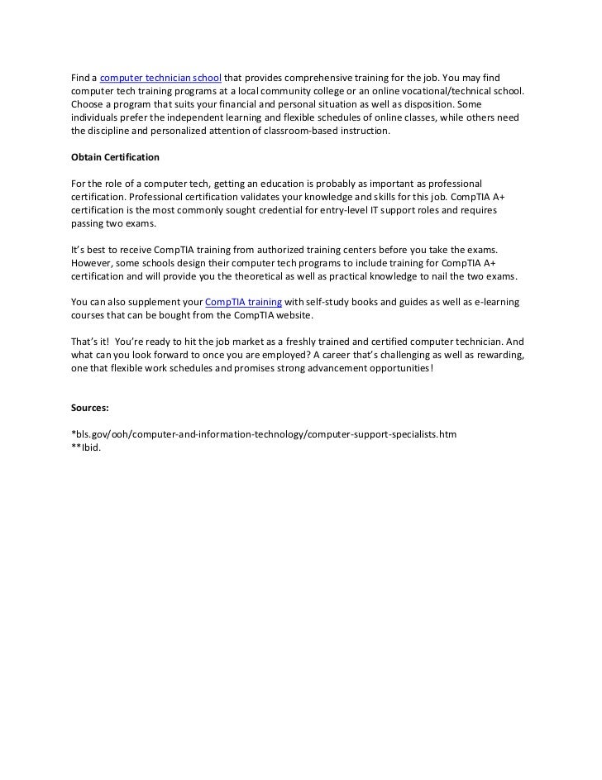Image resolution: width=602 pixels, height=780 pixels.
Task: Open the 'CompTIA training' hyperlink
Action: click(243, 303)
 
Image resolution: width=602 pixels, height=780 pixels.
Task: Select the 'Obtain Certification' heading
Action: click(115, 156)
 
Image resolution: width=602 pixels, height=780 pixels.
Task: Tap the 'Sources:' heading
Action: click(90, 408)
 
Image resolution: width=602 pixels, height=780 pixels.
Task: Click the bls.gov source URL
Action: click(264, 434)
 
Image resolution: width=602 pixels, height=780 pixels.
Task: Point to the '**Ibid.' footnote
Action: click(86, 448)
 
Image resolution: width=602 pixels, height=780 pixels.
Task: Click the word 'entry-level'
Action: click(336, 210)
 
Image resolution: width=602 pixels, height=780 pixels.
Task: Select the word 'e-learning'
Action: click(493, 303)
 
